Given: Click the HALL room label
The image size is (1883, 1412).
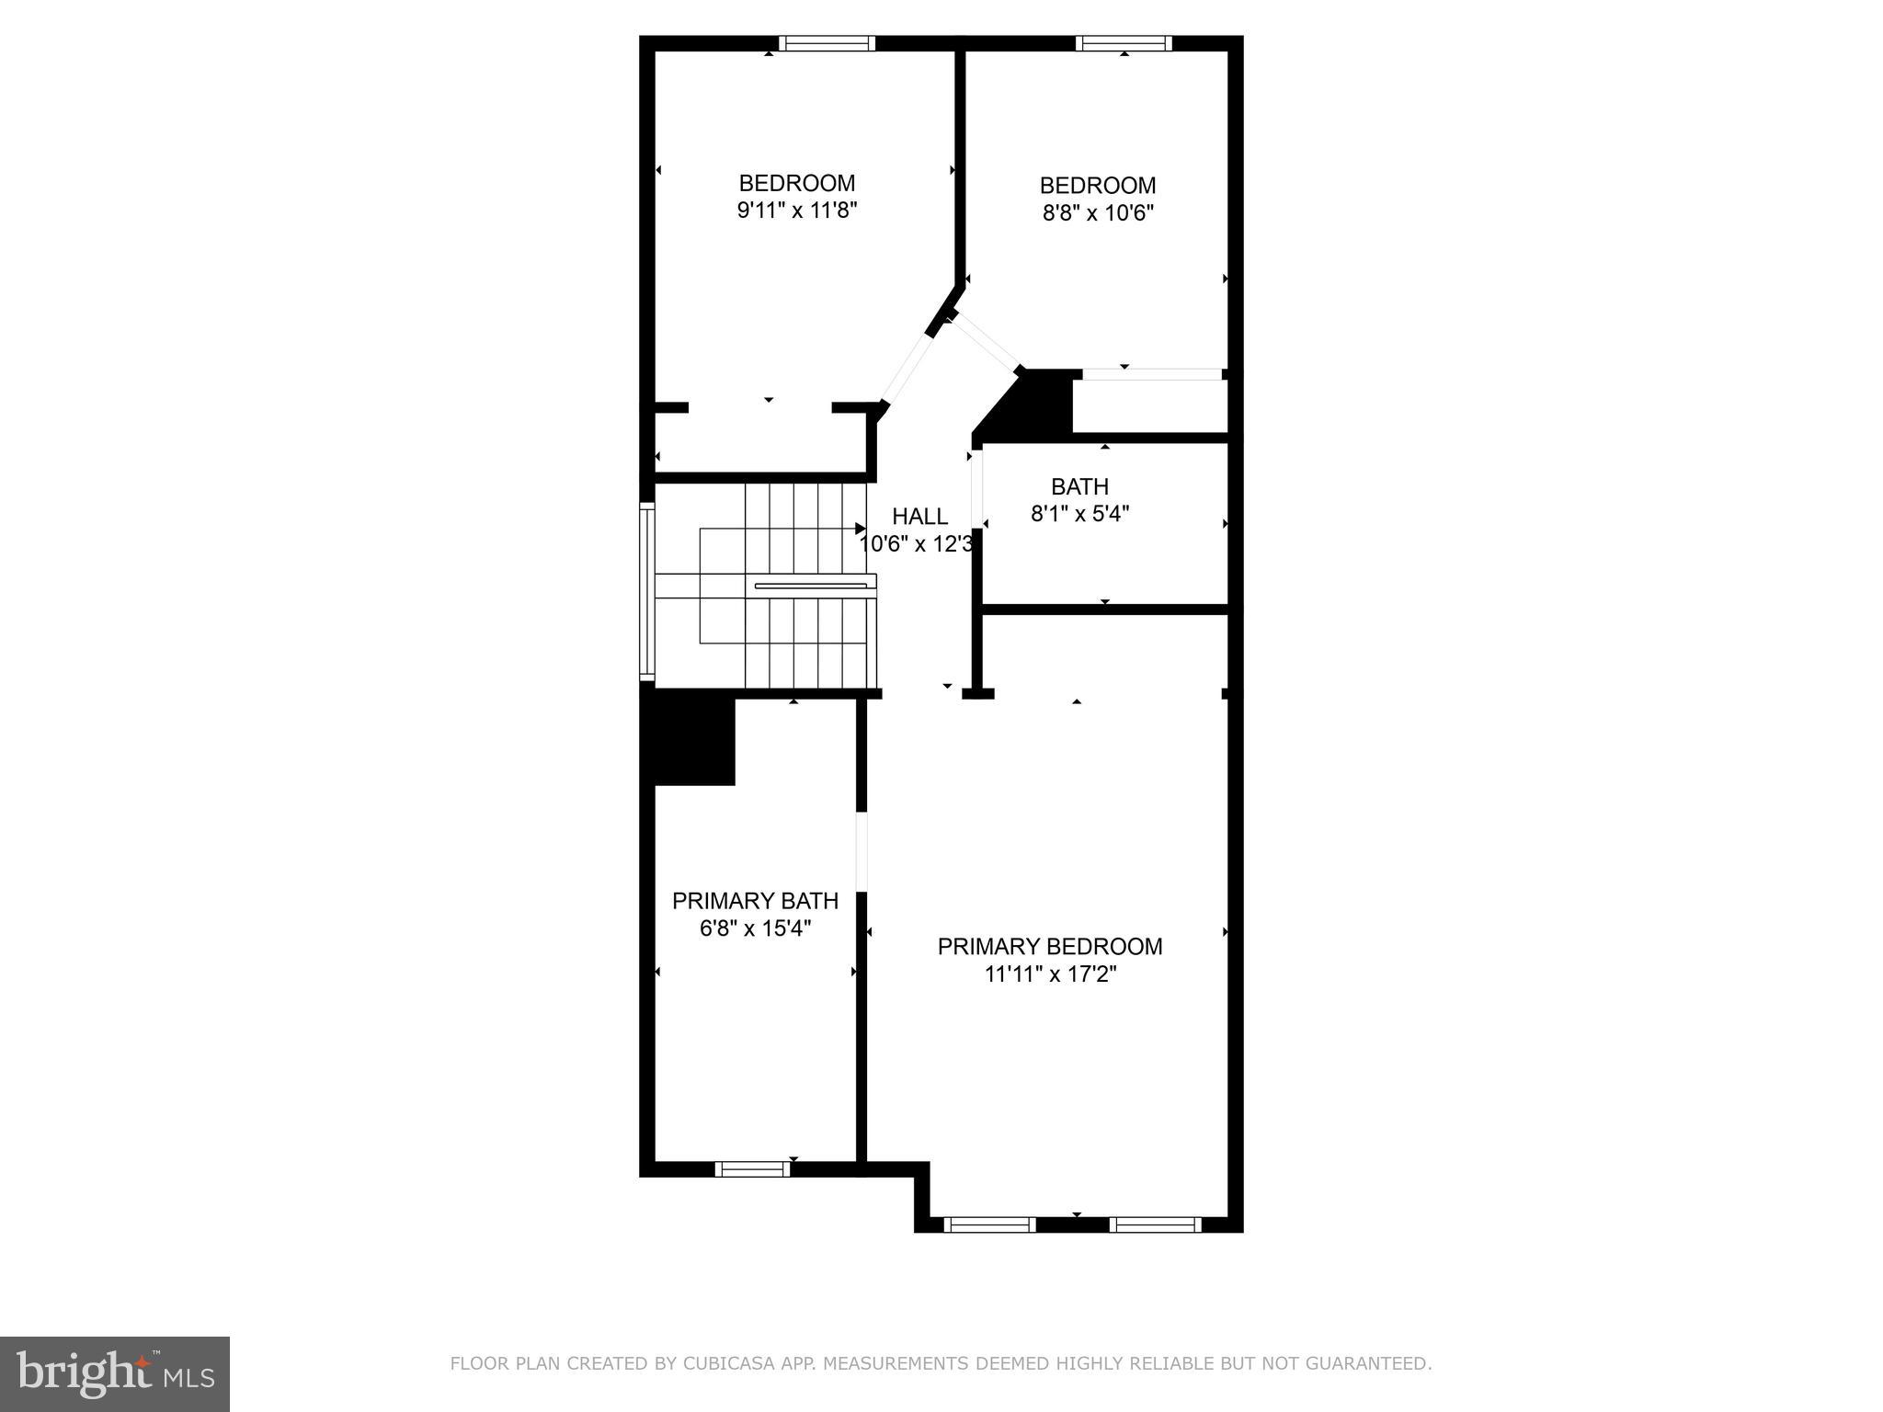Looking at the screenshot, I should point(919,517).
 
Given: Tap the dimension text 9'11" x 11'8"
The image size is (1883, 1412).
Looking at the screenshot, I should point(797,211).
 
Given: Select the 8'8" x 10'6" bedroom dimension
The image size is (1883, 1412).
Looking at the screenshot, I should point(1098,213).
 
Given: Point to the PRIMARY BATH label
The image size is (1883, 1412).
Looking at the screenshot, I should point(755,901).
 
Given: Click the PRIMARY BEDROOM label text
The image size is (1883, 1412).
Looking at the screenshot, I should point(1050,947).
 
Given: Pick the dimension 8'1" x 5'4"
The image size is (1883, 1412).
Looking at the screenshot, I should point(1079,513).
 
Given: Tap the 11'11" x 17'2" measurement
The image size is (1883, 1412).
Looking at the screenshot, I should point(1050,974).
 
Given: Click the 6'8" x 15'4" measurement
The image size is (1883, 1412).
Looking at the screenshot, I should point(755,928).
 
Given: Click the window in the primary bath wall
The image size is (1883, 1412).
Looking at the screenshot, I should point(752,1169).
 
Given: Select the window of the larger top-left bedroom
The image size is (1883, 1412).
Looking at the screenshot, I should point(827,43).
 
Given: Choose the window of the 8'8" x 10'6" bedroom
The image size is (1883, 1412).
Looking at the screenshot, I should point(1124,43).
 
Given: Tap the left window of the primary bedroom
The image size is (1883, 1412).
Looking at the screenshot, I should point(989,1224).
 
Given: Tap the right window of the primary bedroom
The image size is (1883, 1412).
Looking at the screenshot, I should point(1155,1224).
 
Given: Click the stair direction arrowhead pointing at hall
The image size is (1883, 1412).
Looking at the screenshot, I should point(861,529).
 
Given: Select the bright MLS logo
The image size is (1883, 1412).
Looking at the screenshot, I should point(114,1373).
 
